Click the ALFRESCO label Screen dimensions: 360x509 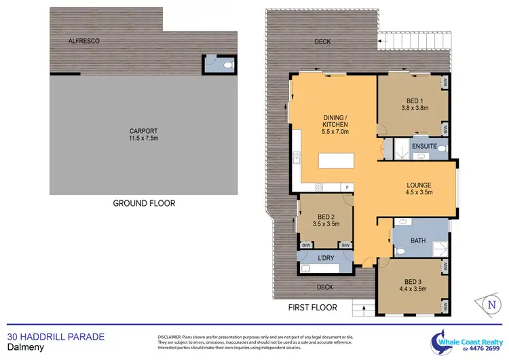click(84, 41)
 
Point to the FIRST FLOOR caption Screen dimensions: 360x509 click(314, 308)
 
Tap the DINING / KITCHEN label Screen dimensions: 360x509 click(335, 124)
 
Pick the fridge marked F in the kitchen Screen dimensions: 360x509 click(347, 187)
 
